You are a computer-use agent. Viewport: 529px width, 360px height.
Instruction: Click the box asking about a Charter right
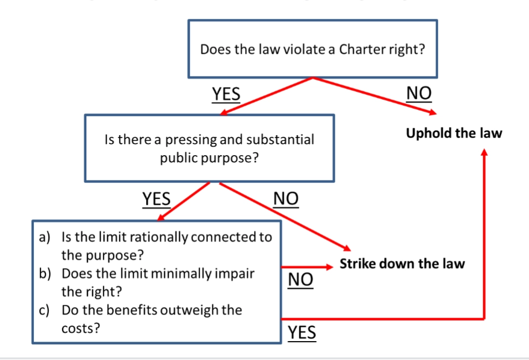313,49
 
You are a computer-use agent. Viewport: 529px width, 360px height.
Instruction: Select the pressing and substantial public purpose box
209,148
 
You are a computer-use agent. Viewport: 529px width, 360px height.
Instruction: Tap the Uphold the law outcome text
454,133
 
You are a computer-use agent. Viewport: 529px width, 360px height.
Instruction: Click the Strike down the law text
402,264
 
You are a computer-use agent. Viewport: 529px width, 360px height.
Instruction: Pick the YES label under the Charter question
226,94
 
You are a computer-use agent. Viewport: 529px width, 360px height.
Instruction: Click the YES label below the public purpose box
157,198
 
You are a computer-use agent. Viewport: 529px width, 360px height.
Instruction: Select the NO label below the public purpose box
286,198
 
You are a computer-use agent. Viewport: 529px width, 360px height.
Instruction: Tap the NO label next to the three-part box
300,280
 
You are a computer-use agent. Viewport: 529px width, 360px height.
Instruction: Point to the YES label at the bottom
302,332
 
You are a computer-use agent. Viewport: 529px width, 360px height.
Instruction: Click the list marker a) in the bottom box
45,238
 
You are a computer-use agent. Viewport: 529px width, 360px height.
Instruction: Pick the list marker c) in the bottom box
45,310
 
